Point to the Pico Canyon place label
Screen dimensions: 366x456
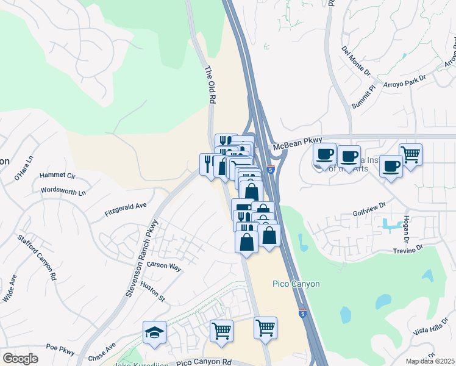click(296, 284)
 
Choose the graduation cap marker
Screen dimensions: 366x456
click(155, 332)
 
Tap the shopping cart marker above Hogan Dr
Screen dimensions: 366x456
click(410, 154)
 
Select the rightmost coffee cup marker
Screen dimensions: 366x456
click(391, 165)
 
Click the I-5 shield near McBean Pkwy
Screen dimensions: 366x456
click(271, 170)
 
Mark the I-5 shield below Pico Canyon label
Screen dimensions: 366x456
click(302, 313)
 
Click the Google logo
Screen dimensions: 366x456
click(20, 359)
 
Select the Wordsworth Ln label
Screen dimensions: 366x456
click(63, 190)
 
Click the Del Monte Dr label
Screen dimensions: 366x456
click(356, 60)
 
